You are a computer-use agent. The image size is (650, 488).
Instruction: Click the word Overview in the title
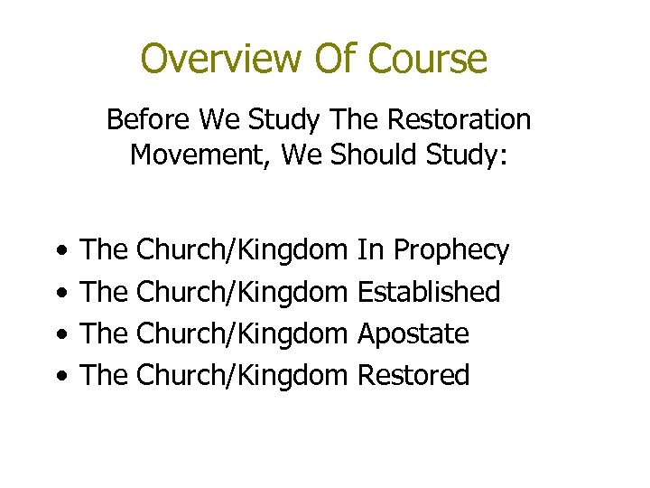220,60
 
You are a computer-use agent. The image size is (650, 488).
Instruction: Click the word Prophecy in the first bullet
451,251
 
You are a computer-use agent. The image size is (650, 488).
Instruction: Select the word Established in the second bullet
429,292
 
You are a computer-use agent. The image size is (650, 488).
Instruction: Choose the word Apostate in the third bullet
413,333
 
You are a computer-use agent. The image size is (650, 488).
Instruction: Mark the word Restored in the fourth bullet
413,375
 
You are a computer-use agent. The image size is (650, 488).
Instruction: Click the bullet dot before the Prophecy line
59,251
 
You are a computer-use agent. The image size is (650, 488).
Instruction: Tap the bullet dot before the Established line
59,293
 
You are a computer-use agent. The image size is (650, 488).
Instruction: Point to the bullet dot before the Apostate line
59,334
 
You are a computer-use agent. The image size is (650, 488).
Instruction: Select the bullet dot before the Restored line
59,376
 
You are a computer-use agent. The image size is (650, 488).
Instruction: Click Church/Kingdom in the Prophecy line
243,250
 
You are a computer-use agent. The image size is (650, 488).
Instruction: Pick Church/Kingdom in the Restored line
243,375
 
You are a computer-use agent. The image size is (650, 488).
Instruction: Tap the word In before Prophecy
371,250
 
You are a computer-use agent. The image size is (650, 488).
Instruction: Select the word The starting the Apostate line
105,333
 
